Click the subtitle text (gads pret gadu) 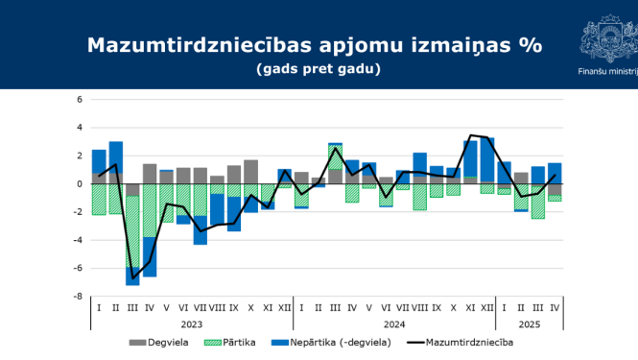pyautogui.click(x=319, y=69)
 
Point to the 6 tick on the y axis pyautogui.click(x=81, y=99)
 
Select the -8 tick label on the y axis pyautogui.click(x=79, y=297)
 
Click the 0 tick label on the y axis pyautogui.click(x=81, y=183)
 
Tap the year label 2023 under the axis pyautogui.click(x=191, y=324)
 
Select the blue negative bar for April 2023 pyautogui.click(x=150, y=256)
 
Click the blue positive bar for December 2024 pyautogui.click(x=487, y=159)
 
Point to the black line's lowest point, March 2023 pyautogui.click(x=132, y=277)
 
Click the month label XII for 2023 pyautogui.click(x=285, y=307)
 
